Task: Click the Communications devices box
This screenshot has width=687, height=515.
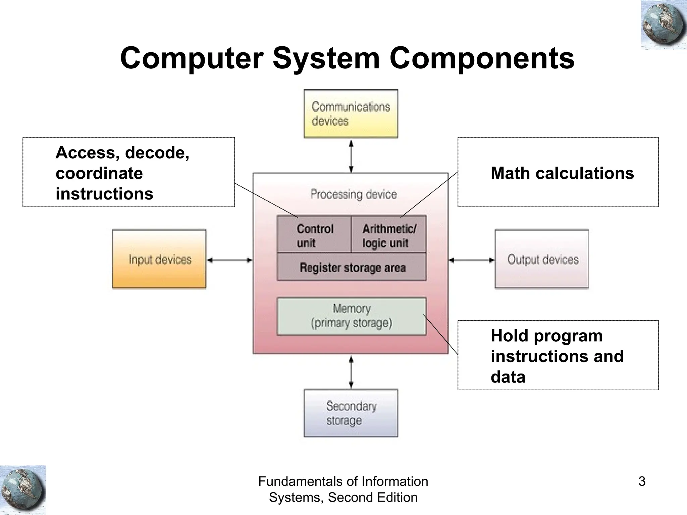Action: coord(351,114)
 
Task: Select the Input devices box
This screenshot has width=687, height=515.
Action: coord(159,259)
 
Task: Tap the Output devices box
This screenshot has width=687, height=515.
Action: coord(541,259)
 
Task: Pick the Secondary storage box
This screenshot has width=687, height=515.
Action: coord(351,413)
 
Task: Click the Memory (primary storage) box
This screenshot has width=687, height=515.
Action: coord(351,316)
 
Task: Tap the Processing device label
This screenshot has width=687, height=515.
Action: coord(354,194)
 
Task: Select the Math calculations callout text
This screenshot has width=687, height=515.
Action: coord(562,173)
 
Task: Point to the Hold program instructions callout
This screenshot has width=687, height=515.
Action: coord(557,356)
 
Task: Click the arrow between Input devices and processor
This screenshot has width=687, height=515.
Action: coord(229,260)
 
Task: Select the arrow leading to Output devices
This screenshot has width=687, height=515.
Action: coord(472,260)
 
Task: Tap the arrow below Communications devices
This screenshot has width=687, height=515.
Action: coord(351,156)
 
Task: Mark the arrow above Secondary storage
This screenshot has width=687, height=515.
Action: coord(351,372)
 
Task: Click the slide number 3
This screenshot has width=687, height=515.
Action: coord(642,481)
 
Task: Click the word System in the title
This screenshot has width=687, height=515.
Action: coord(326,58)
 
